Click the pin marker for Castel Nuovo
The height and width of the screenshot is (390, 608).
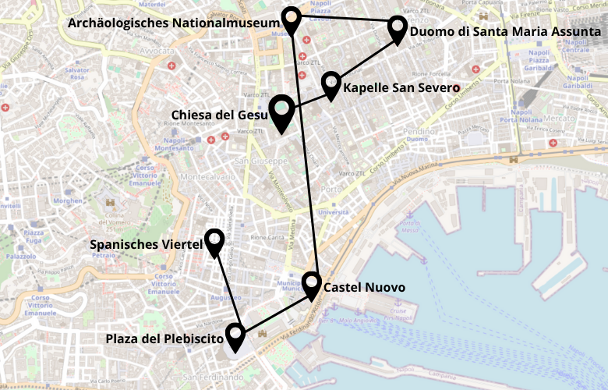click(312, 284)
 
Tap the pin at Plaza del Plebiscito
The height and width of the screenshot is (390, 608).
click(235, 337)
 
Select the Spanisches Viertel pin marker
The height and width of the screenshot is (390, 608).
click(214, 241)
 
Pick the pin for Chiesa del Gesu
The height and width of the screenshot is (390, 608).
click(281, 110)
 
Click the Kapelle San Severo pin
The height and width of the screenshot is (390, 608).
click(331, 83)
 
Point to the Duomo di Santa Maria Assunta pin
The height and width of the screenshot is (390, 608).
click(398, 28)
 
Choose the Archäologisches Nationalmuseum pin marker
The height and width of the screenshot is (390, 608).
click(292, 19)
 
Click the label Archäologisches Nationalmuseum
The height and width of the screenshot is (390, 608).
click(173, 23)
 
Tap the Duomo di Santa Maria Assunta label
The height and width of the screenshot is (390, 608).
click(504, 32)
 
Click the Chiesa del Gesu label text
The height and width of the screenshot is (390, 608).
click(219, 115)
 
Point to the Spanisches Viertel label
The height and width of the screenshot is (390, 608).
click(147, 245)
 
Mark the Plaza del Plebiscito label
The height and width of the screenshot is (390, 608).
click(164, 339)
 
